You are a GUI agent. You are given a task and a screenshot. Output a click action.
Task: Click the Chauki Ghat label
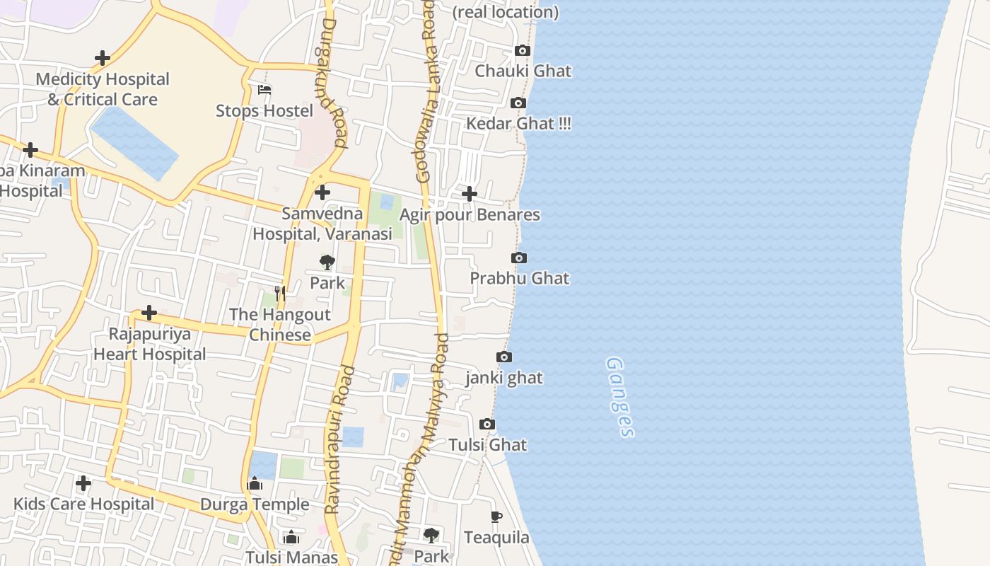523,71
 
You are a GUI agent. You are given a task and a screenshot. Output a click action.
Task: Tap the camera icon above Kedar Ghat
518,103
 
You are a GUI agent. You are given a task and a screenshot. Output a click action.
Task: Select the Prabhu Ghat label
519,278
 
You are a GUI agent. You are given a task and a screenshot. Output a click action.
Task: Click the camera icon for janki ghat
504,357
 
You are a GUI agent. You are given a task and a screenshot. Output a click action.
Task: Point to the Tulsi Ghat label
487,445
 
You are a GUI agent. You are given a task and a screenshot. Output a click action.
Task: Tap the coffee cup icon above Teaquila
496,517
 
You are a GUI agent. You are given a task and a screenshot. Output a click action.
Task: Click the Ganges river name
620,397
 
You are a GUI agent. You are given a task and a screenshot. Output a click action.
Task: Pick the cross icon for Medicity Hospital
103,58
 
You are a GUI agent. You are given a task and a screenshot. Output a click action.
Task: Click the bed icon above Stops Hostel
264,90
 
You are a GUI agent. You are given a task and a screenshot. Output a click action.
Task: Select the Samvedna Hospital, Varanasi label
322,224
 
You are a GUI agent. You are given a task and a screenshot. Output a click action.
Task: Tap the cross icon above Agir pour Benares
469,194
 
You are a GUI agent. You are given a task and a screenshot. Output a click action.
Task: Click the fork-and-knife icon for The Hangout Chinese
280,293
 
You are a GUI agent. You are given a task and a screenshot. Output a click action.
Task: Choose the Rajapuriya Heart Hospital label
150,344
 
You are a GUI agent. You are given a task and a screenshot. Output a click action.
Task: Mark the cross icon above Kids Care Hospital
83,483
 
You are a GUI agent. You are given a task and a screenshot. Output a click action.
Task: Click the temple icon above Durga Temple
255,484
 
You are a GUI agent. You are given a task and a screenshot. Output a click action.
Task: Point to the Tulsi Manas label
291,558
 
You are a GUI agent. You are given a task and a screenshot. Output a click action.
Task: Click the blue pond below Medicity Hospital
134,141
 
